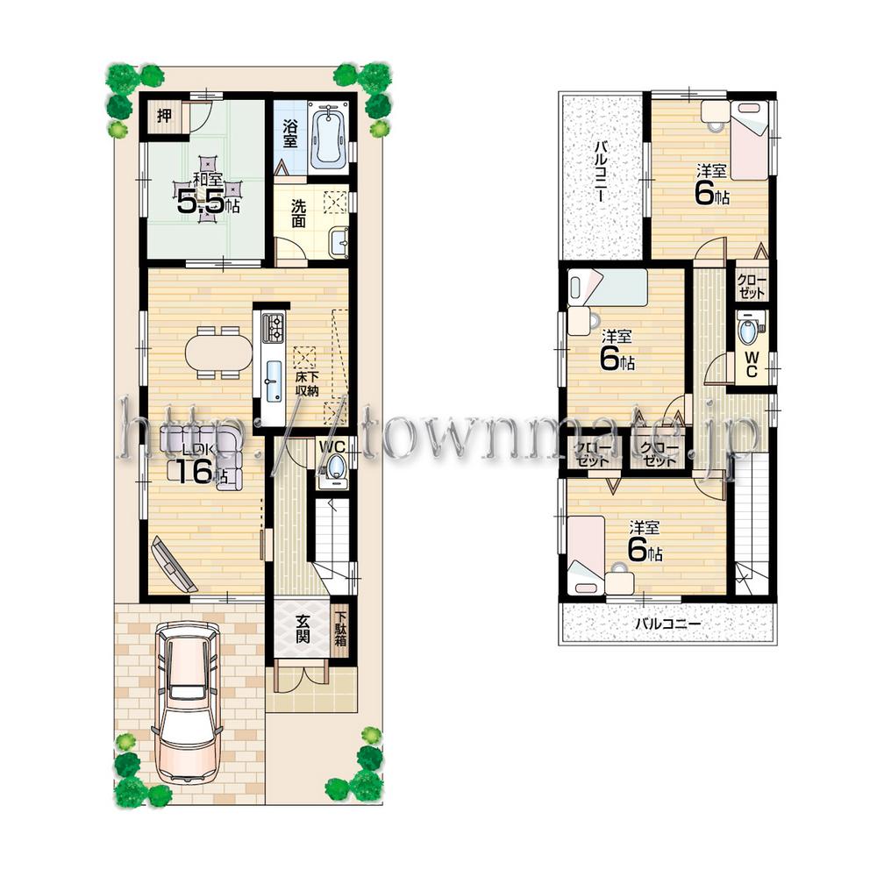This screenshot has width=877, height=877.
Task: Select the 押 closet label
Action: (x=164, y=116)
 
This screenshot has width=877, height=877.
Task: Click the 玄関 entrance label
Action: (x=302, y=629)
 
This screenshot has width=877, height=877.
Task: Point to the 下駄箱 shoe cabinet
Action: (x=341, y=630)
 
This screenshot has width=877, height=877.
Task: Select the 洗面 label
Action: (x=298, y=215)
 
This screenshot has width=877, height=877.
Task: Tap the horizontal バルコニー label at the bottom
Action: (x=668, y=624)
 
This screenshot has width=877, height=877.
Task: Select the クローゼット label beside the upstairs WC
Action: (x=751, y=287)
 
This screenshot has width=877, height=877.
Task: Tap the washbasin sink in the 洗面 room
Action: (x=339, y=239)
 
